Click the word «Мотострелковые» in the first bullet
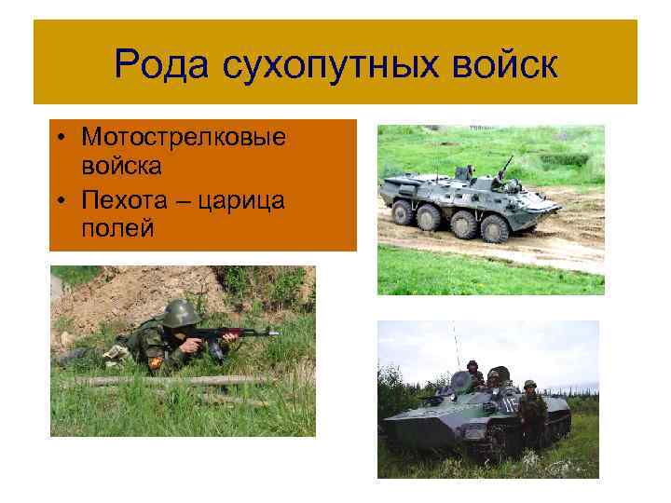tap(183, 138)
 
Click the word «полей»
tap(116, 229)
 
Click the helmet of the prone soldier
tap(181, 313)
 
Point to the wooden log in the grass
tap(168, 380)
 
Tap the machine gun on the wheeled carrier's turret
tap(504, 165)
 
